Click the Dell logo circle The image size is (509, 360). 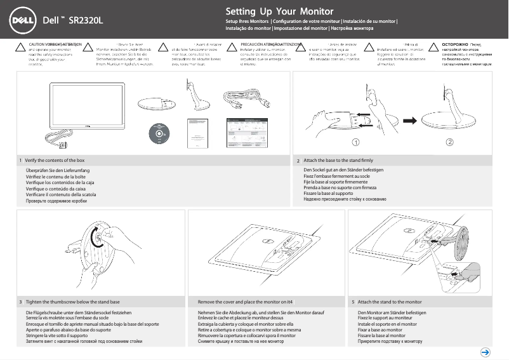pyautogui.click(x=22, y=20)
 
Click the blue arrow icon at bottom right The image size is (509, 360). pyautogui.click(x=485, y=352)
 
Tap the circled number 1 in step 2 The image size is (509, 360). pyautogui.click(x=357, y=142)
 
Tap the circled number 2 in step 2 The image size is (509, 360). pyautogui.click(x=449, y=142)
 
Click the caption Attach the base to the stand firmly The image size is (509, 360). pyautogui.click(x=338, y=161)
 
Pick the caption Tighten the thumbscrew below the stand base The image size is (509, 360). pyautogui.click(x=73, y=302)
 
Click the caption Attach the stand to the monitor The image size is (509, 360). pyautogui.click(x=390, y=302)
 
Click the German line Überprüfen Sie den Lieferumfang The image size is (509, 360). pyautogui.click(x=57, y=171)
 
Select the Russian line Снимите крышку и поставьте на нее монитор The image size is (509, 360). pyautogui.click(x=241, y=342)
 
